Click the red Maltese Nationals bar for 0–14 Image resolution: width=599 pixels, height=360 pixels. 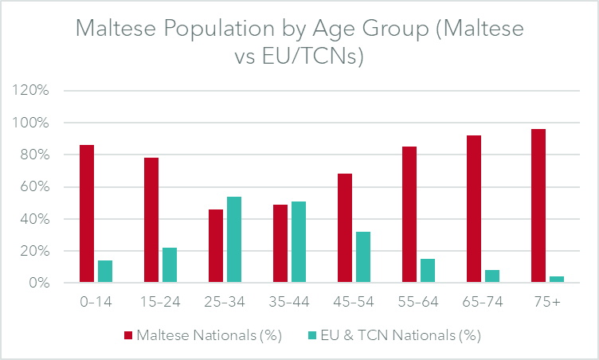pyautogui.click(x=87, y=213)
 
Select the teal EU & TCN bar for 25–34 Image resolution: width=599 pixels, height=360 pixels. pyautogui.click(x=234, y=240)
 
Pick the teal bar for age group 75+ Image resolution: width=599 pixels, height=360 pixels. pyautogui.click(x=556, y=280)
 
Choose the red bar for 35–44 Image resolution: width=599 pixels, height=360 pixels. pyautogui.click(x=280, y=244)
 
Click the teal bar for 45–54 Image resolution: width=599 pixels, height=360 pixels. pyautogui.click(x=362, y=257)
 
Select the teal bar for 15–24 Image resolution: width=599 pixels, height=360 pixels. pyautogui.click(x=170, y=265)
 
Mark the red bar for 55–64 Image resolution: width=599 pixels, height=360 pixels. pyautogui.click(x=409, y=214)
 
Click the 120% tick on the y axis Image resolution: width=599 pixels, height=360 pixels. pyautogui.click(x=33, y=91)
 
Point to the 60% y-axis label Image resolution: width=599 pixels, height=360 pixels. pyautogui.click(x=37, y=187)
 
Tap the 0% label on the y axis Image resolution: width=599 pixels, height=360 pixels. pyautogui.click(x=41, y=283)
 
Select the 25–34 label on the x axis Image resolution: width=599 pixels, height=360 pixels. pyautogui.click(x=225, y=303)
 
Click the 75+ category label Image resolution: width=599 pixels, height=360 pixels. pyautogui.click(x=547, y=303)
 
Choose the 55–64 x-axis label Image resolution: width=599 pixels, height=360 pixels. pyautogui.click(x=418, y=303)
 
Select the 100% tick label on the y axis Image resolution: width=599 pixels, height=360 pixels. pyautogui.click(x=33, y=123)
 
